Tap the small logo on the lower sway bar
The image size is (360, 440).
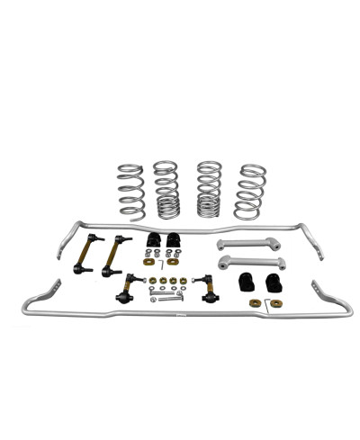click(182, 315)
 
